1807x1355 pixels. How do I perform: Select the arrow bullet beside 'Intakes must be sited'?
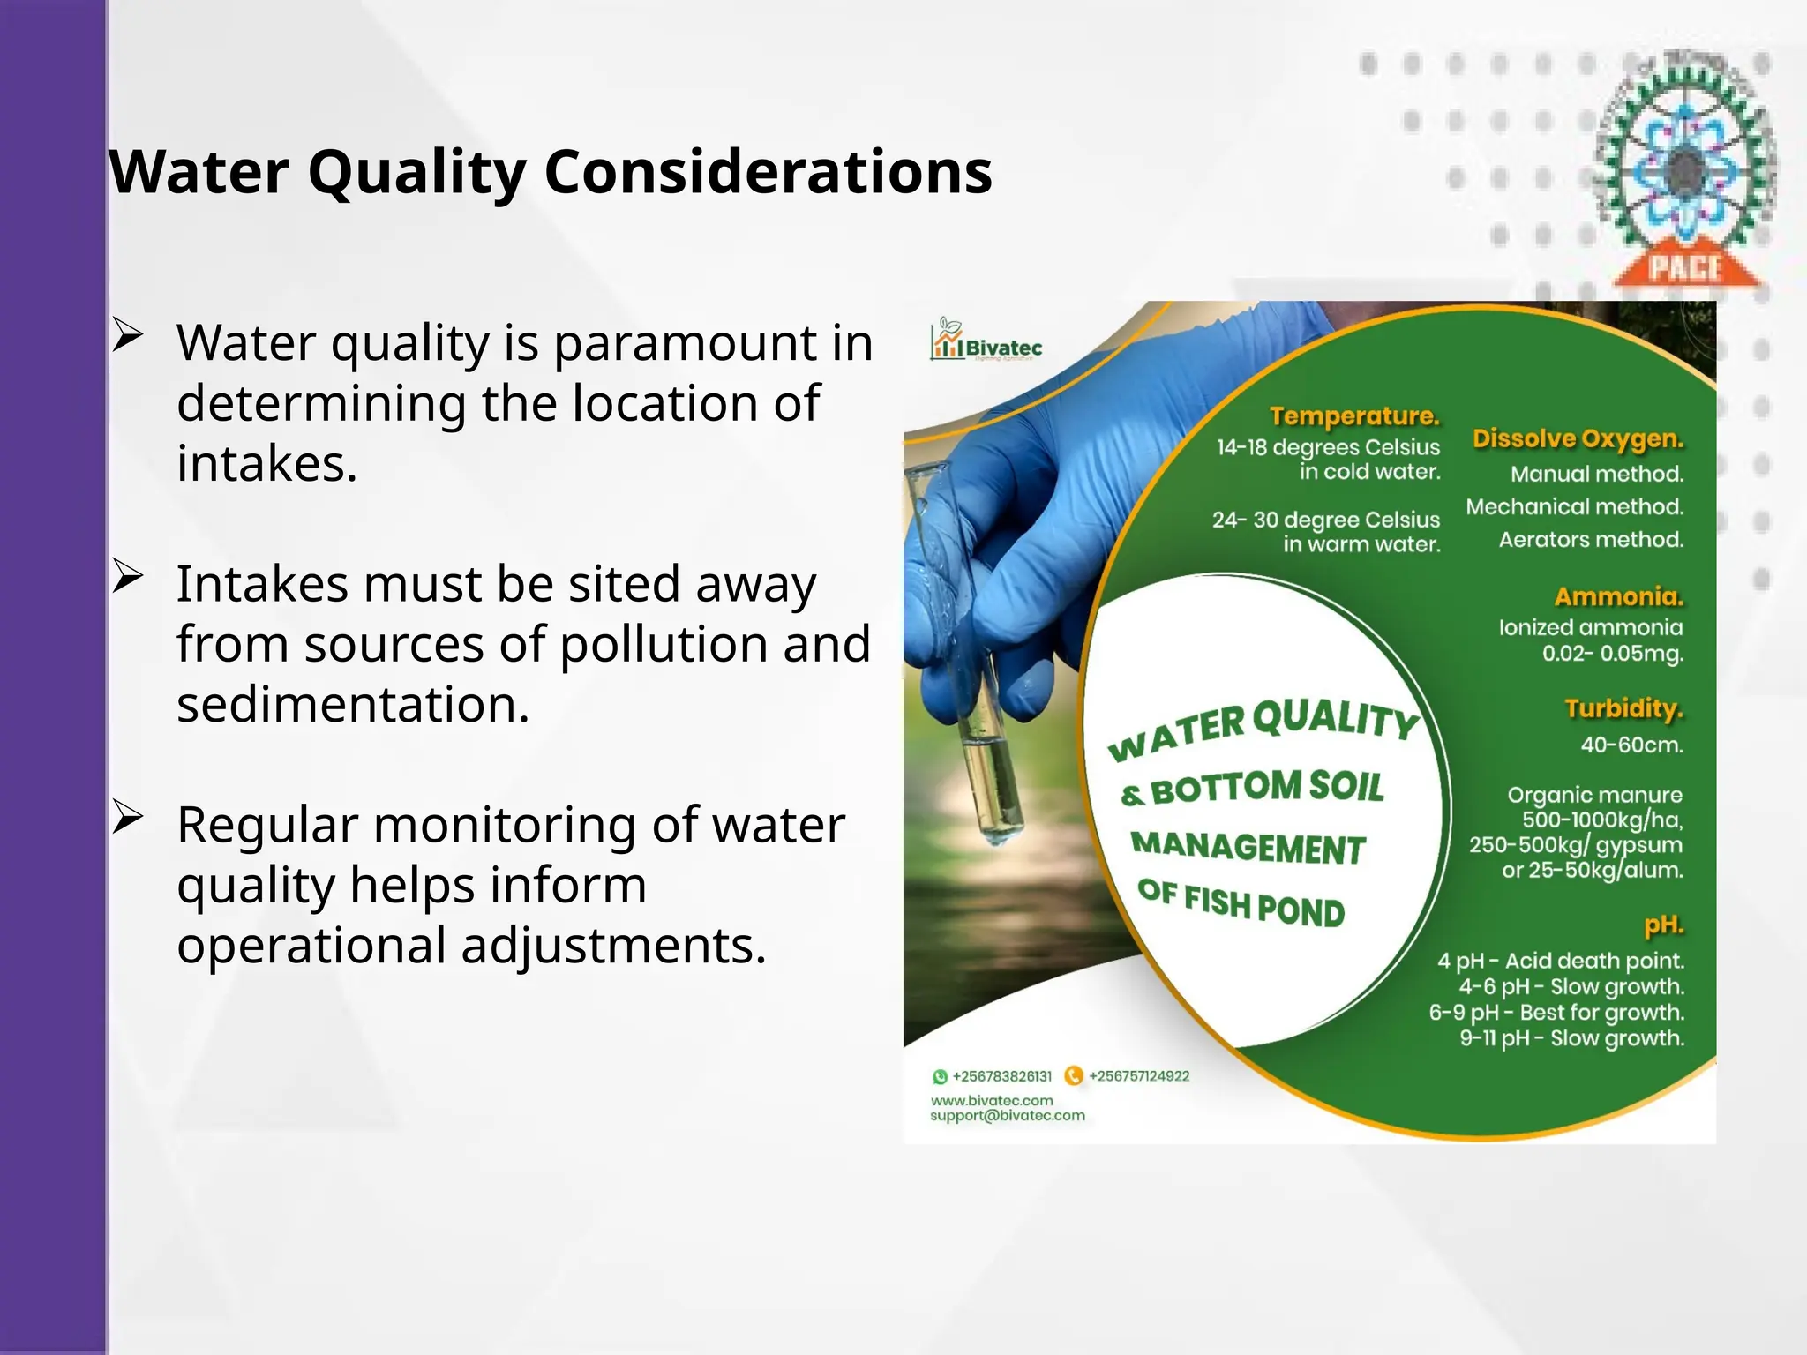point(128,578)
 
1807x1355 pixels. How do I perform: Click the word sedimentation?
point(353,705)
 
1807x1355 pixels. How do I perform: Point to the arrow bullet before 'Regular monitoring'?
point(128,819)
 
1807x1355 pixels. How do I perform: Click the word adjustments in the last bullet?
point(613,946)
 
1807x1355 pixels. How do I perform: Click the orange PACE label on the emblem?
point(1686,267)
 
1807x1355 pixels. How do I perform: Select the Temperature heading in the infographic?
point(1354,415)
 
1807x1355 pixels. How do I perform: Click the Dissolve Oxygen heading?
point(1578,438)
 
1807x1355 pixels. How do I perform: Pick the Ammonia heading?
point(1618,596)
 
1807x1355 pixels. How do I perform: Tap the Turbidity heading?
point(1623,708)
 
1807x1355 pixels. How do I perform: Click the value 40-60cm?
point(1631,745)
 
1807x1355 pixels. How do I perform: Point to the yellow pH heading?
point(1663,925)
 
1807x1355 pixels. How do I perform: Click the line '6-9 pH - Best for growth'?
point(1556,1012)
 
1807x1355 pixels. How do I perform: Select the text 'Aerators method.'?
point(1591,539)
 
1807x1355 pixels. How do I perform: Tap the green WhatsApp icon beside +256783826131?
point(940,1076)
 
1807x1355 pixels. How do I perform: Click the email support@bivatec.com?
point(1007,1116)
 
